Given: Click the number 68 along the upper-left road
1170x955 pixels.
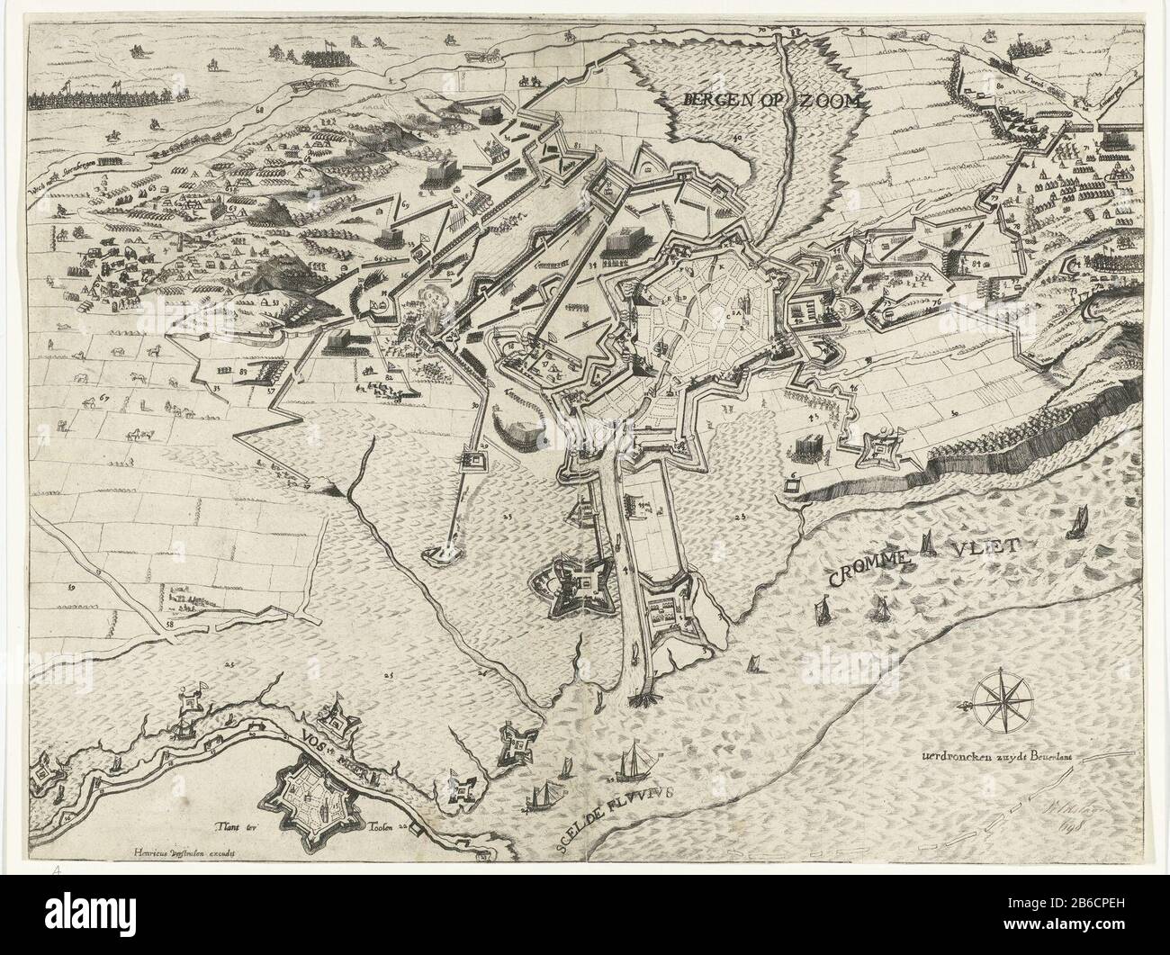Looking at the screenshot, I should click(259, 111).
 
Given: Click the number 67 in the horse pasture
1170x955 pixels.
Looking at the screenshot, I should click(104, 397).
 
